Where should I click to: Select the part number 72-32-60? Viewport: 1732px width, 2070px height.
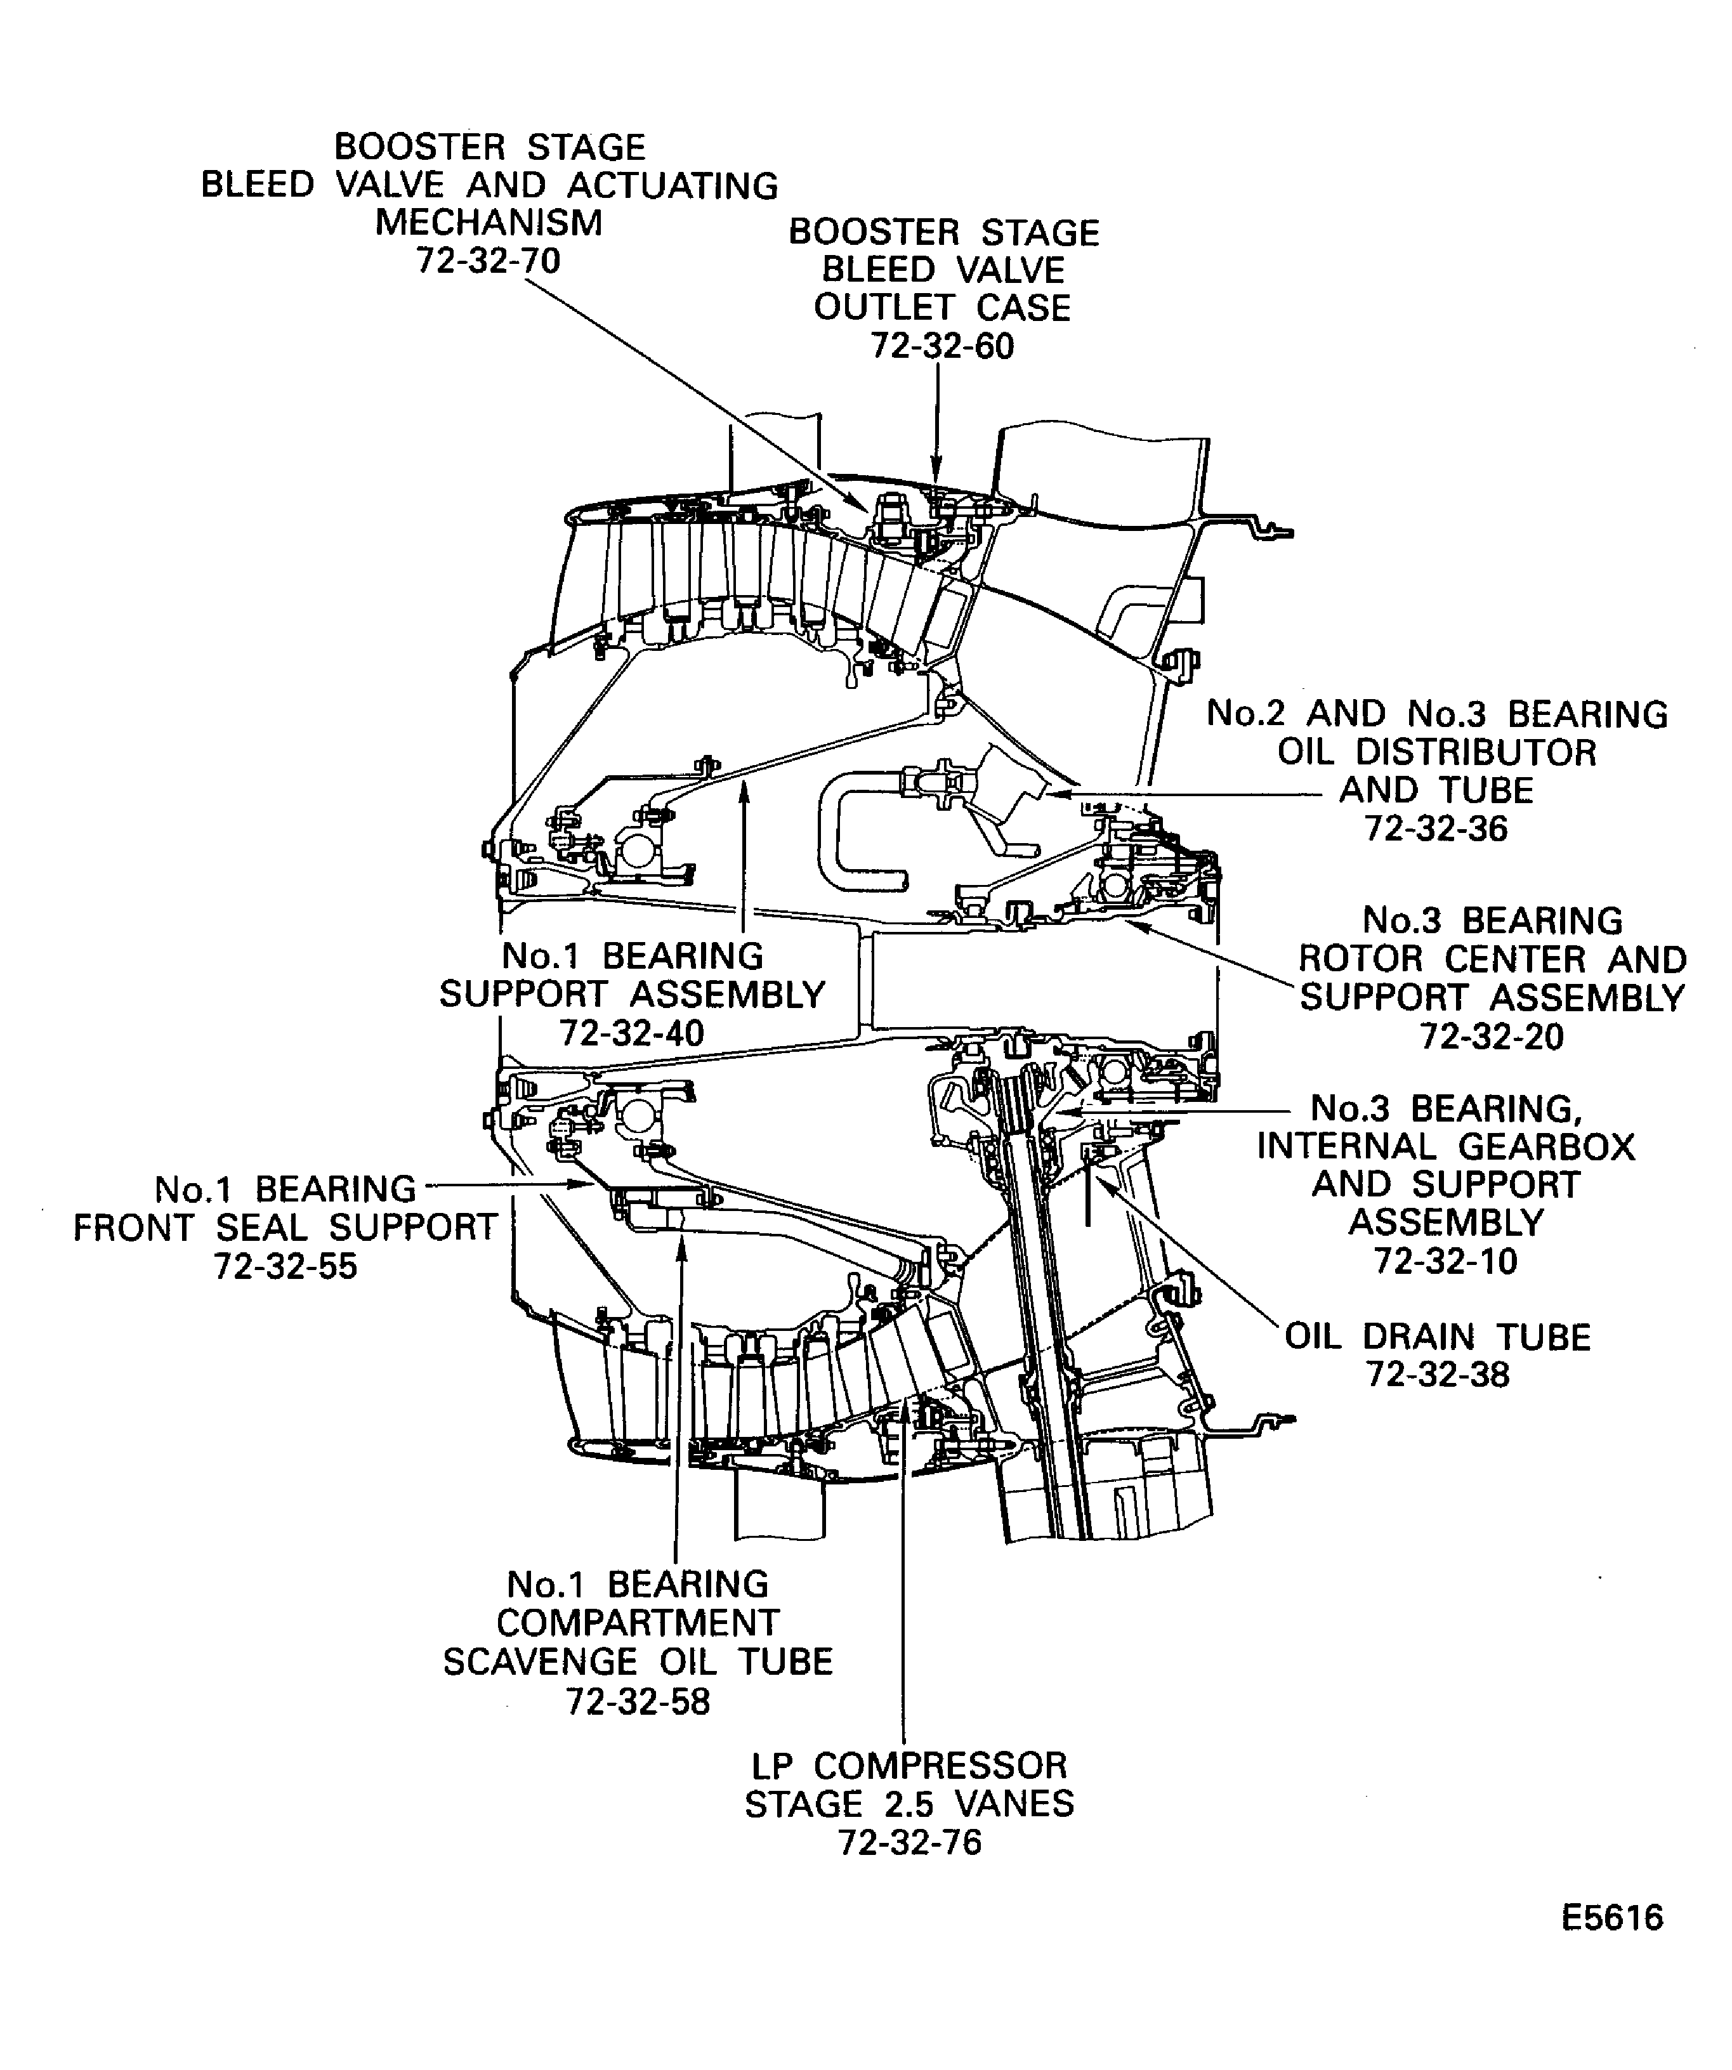tap(941, 347)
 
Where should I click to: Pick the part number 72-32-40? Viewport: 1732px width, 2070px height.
tap(632, 1033)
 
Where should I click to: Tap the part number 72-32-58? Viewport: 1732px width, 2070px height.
tap(638, 1702)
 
